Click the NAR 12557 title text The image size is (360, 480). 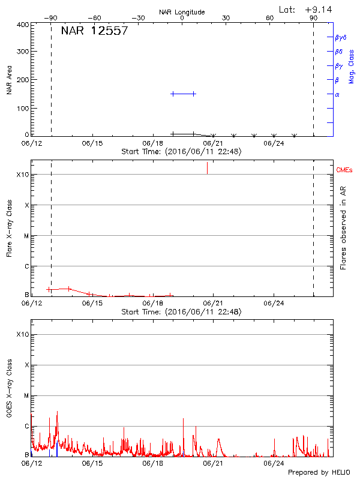pos(94,31)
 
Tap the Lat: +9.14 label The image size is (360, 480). pos(307,10)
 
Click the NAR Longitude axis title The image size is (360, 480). pos(182,12)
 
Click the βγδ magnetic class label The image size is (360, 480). pos(340,37)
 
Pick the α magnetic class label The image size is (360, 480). pos(337,94)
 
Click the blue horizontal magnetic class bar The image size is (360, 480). pos(184,94)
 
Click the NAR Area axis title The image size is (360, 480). pos(10,80)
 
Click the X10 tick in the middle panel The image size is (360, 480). pos(23,175)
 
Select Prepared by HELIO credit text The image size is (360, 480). pos(318,473)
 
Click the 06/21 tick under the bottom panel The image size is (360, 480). pos(213,463)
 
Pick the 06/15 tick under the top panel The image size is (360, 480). pos(92,144)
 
